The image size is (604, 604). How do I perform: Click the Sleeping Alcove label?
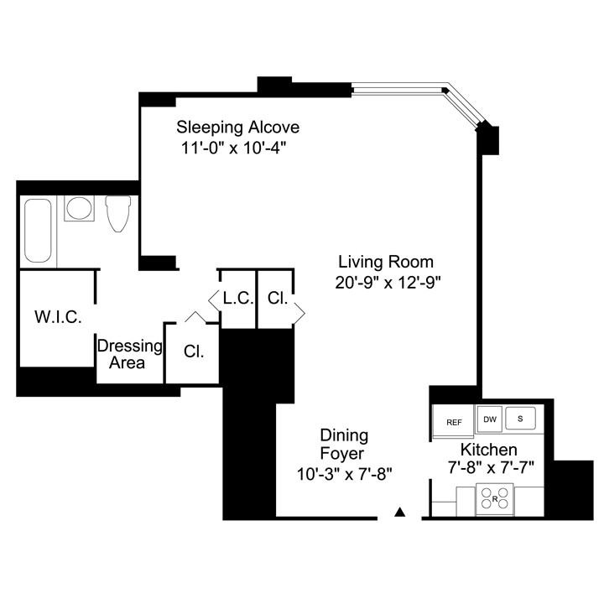[x=237, y=128]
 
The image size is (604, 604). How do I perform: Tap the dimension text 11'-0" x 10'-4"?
[x=237, y=148]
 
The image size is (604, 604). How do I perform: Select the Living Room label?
[x=386, y=261]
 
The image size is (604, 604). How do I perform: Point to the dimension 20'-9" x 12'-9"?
[x=386, y=282]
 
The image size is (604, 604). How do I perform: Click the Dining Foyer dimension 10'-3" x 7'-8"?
[x=344, y=474]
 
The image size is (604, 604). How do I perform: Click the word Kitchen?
[x=488, y=450]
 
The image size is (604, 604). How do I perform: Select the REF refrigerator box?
[x=454, y=422]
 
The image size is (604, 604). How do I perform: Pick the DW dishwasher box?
[x=489, y=419]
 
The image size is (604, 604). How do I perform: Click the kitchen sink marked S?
[x=520, y=419]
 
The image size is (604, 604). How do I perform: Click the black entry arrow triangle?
[x=401, y=512]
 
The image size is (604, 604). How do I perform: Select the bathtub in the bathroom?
[x=39, y=231]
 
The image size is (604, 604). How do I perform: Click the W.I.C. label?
[x=58, y=317]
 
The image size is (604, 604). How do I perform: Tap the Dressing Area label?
[x=130, y=354]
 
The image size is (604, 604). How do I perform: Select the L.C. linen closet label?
[x=238, y=298]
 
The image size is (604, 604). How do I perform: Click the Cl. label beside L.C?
[x=277, y=298]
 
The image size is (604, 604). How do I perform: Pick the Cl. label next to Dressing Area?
[x=194, y=351]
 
